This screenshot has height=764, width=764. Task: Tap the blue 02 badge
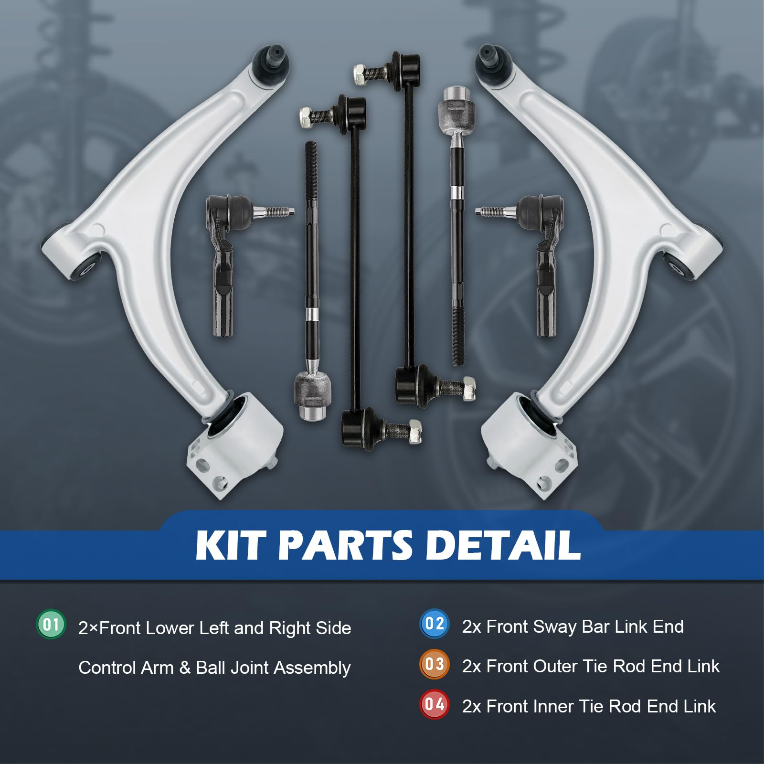pos(434,624)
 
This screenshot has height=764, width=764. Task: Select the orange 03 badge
pos(434,664)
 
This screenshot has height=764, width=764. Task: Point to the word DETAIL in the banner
pos(502,545)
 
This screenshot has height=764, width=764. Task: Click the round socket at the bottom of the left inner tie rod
pos(311,397)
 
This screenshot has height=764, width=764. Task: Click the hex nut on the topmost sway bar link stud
pos(361,74)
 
